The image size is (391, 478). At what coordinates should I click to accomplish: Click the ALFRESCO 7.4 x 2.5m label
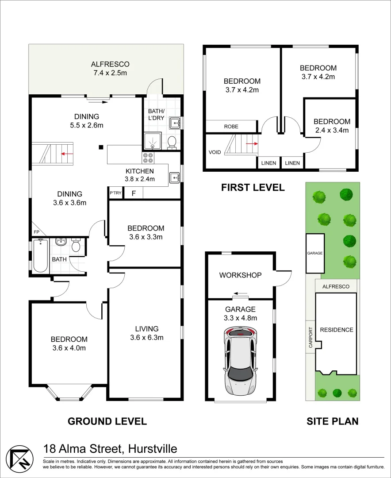pos(110,69)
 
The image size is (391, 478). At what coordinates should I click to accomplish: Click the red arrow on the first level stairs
pos(252,143)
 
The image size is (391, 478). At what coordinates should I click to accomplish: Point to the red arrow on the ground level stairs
pos(67,154)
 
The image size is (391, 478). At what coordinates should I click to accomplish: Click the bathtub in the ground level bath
pos(41,255)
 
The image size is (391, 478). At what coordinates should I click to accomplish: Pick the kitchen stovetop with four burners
pos(148,158)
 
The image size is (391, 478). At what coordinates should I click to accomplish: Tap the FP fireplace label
pos(37,232)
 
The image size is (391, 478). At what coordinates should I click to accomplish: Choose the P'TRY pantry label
pos(115,193)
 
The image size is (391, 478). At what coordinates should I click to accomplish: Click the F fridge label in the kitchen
pos(134,193)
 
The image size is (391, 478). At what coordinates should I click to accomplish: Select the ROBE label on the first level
pos(231,127)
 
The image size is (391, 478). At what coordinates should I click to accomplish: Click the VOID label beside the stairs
pos(215,152)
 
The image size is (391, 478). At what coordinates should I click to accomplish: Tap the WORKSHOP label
pos(241,275)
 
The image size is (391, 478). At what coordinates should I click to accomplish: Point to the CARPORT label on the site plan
pos(311,337)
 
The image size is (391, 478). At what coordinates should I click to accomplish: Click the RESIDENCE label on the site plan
pos(337,330)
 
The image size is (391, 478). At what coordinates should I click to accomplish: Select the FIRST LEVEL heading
pos(253,187)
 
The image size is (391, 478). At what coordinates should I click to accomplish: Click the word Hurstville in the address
pos(153,449)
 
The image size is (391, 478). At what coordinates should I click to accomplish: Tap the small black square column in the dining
pos(101,147)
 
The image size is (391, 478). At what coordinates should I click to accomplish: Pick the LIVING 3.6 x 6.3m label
pos(147,333)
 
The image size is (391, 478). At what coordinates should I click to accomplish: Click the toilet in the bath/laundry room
pos(172,143)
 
